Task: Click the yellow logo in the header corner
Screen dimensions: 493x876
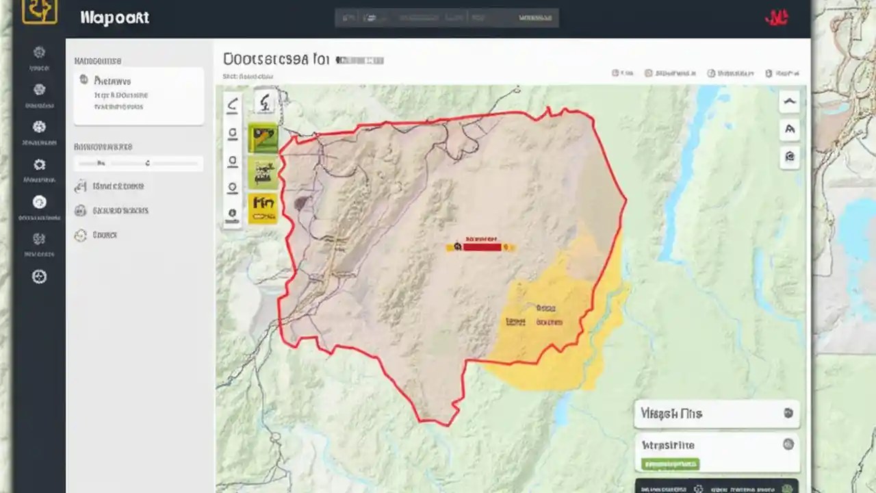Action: tap(39, 10)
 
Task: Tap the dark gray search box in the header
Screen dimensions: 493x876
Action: tap(446, 17)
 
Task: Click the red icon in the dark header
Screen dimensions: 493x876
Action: tap(776, 17)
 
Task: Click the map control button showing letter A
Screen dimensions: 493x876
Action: tap(790, 129)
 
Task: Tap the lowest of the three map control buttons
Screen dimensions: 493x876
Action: tap(790, 157)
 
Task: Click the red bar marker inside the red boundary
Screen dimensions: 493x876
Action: tap(482, 246)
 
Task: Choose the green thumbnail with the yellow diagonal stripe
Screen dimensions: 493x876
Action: tap(263, 138)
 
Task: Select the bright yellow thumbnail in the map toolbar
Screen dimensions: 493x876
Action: tap(263, 207)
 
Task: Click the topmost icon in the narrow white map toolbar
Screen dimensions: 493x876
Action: tap(233, 105)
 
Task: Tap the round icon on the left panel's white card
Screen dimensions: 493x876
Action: tap(83, 79)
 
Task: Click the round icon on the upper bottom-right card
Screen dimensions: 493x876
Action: tap(788, 413)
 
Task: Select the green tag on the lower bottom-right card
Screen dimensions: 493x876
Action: tap(670, 464)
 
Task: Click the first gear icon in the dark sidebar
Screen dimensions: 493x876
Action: tap(39, 52)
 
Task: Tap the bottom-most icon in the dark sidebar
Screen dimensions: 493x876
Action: tap(39, 277)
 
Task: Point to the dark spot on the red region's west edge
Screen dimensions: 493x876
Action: tap(300, 203)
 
